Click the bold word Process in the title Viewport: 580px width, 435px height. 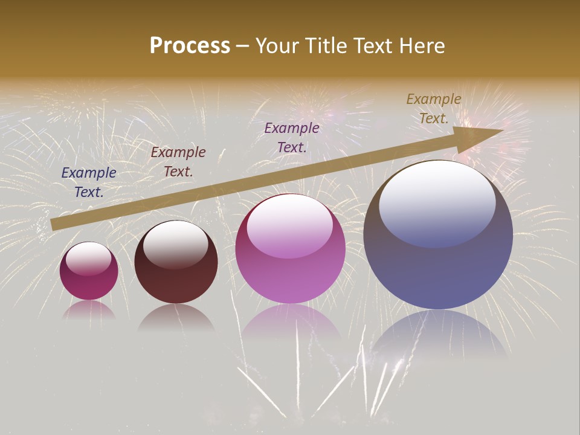190,46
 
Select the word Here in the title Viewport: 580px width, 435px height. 422,46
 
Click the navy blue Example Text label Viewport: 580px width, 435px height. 89,182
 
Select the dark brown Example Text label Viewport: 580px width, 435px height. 178,162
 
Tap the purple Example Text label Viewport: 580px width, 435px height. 292,137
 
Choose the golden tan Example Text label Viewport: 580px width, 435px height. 434,109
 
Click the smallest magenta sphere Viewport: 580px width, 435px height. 89,279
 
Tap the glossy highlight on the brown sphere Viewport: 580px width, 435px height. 175,243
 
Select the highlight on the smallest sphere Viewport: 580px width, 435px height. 88,259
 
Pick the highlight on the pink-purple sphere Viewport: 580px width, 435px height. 290,227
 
